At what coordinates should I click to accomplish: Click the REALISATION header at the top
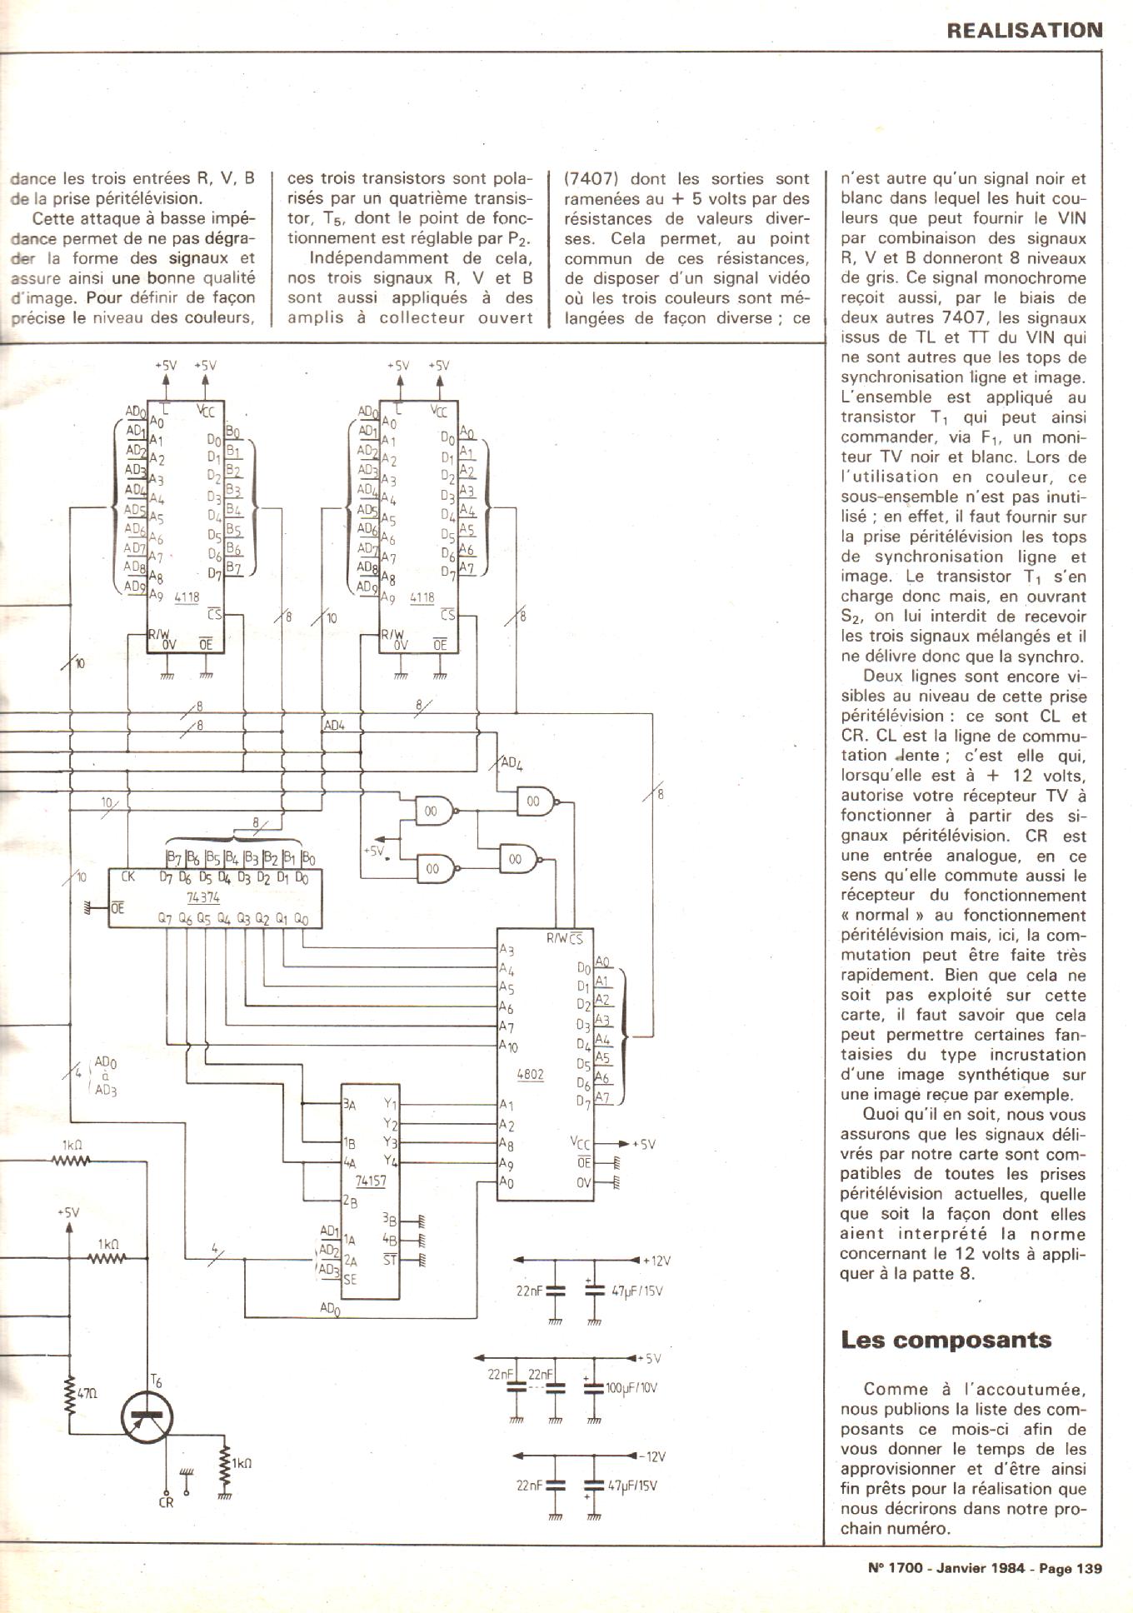(x=1024, y=31)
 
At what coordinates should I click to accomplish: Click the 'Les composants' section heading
(x=946, y=1340)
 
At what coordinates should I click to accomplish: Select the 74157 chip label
(x=371, y=1181)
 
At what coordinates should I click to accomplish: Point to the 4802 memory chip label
(x=530, y=1074)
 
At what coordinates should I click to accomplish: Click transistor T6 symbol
(x=147, y=1416)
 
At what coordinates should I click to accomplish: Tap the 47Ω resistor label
(x=87, y=1392)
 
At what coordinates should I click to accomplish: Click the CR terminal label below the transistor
(x=166, y=1501)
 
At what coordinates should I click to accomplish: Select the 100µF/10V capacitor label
(x=632, y=1389)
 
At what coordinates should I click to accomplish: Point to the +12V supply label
(x=656, y=1261)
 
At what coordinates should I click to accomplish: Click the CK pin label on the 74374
(x=127, y=876)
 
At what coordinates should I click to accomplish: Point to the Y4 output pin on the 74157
(x=391, y=1161)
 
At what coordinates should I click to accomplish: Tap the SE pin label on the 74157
(x=350, y=1279)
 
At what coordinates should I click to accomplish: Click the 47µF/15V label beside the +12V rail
(x=637, y=1291)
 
